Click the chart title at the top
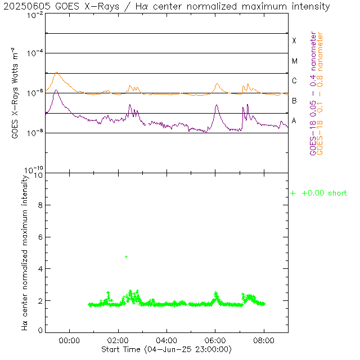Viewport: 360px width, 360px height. coord(167,7)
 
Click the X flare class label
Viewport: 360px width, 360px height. coord(294,40)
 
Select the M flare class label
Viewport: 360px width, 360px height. coord(294,61)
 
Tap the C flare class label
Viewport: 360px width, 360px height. coord(294,81)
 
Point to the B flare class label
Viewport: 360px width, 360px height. coord(294,101)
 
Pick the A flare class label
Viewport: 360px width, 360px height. coord(294,120)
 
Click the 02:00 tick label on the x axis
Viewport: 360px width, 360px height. coord(118,340)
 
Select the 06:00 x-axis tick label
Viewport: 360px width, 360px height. coord(215,340)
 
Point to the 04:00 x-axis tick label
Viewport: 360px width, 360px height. coord(167,340)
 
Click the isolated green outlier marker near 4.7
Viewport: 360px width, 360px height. coord(127,256)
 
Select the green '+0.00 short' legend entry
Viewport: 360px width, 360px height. coord(319,193)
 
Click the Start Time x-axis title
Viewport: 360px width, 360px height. coord(166,349)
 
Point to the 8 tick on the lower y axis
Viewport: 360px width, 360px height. coord(38,205)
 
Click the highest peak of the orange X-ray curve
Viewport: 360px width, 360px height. coord(56,73)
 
